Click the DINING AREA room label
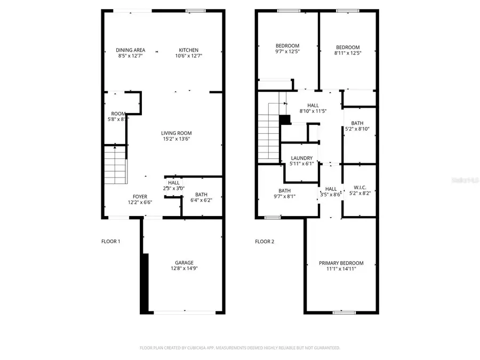pos(131,50)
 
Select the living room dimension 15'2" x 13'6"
pos(177,139)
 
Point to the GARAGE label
pos(184,262)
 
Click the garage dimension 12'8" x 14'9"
pos(184,269)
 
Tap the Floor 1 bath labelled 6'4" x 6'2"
pos(201,197)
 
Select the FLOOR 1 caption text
pos(111,242)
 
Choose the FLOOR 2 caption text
pos(265,242)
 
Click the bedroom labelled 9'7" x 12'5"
pos(287,49)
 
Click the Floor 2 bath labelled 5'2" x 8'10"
pos(357,126)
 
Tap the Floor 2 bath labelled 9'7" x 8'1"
pos(284,193)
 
